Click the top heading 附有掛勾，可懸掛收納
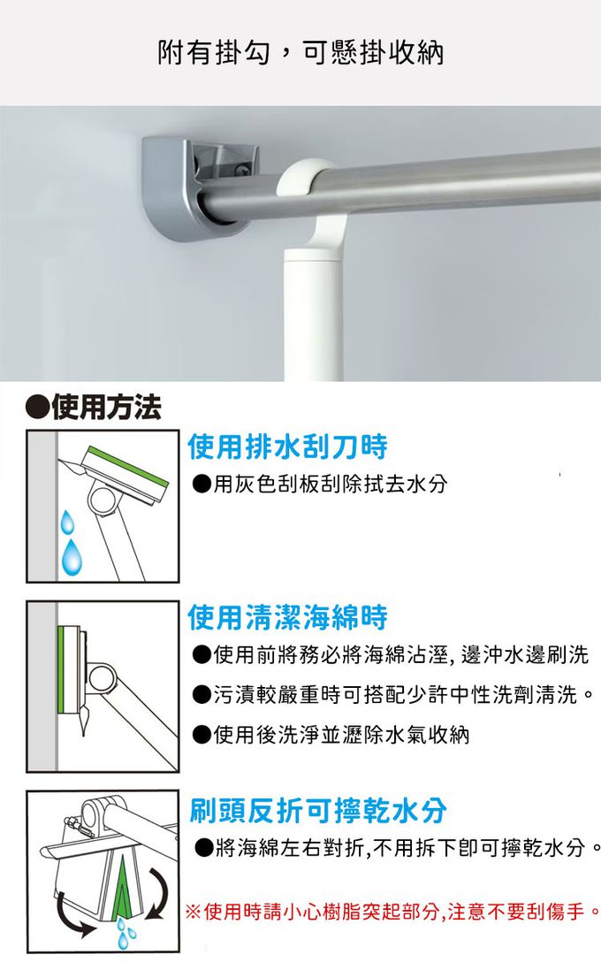(x=300, y=53)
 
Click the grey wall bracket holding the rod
(x=201, y=187)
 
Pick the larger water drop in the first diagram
(x=72, y=557)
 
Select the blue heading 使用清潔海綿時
(x=287, y=616)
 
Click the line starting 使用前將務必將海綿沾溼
(x=391, y=654)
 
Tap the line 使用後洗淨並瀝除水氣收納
(x=331, y=734)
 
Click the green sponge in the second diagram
(x=62, y=669)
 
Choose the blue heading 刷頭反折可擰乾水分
(x=317, y=811)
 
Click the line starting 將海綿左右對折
(x=396, y=848)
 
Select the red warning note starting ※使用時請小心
(x=392, y=911)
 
